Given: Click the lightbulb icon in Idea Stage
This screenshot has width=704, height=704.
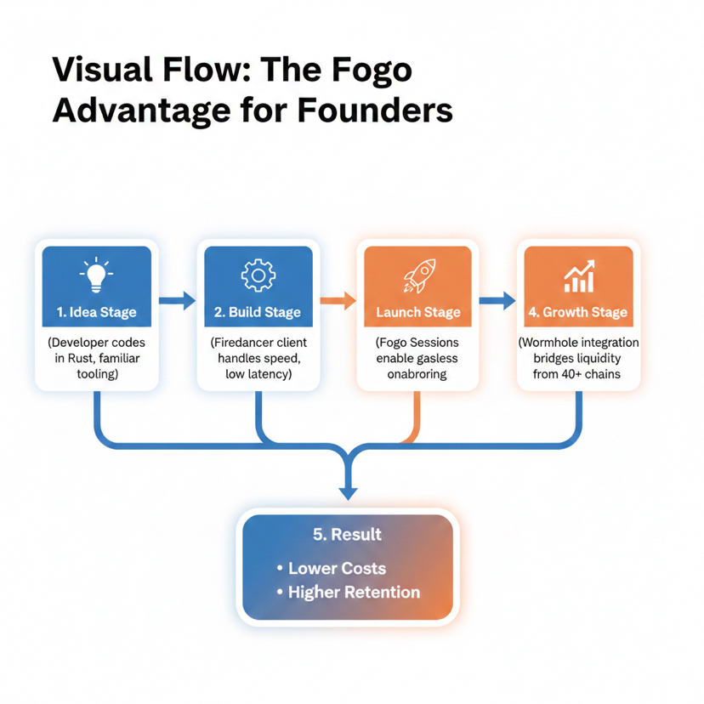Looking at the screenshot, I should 96,274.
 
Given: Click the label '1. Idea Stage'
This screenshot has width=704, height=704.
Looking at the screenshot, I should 96,312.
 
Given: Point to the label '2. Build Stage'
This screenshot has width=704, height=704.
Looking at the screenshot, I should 258,312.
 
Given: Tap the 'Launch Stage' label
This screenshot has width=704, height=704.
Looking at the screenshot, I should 417,312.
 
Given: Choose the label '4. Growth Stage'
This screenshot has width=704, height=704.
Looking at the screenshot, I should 578,312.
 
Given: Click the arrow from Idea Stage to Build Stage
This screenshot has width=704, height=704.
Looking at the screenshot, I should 177,300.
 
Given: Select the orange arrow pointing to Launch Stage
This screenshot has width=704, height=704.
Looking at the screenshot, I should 338,300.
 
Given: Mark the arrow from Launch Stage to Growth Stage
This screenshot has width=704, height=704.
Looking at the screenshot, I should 497,300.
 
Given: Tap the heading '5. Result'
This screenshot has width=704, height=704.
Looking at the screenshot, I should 347,535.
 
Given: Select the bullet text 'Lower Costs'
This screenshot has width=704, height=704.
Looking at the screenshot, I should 337,569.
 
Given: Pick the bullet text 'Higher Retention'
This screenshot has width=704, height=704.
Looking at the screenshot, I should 354,593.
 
